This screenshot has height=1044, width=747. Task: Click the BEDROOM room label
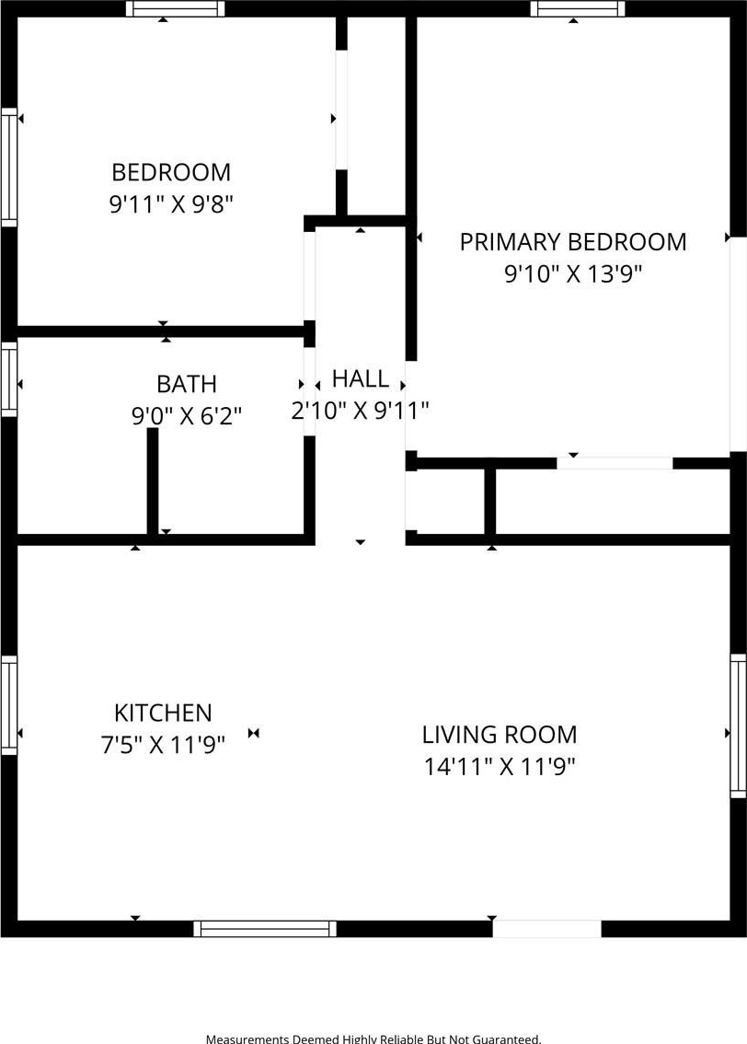171,172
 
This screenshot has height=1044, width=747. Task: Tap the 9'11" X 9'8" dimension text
172,203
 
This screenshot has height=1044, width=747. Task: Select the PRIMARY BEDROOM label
573,242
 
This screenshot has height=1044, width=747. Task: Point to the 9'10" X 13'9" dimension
573,273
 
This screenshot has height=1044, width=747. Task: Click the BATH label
186,384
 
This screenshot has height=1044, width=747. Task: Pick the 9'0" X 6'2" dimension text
186,415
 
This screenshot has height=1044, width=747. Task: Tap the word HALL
361,379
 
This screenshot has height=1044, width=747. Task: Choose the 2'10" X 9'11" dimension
360,411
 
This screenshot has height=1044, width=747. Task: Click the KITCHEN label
163,713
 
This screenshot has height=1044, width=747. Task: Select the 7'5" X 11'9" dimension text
163,745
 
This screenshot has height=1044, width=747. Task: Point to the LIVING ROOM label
500,735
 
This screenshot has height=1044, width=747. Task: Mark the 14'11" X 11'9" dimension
500,766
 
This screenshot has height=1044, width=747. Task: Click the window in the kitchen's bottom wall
265,929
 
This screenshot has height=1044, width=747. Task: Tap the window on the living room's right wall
739,725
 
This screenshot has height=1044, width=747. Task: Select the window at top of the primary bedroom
578,8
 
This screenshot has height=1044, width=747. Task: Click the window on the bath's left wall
8,379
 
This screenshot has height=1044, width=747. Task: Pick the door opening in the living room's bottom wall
546,929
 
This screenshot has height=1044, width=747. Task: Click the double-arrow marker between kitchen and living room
253,733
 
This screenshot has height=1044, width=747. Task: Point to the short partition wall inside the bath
153,481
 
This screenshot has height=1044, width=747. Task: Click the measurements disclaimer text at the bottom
373,1038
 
